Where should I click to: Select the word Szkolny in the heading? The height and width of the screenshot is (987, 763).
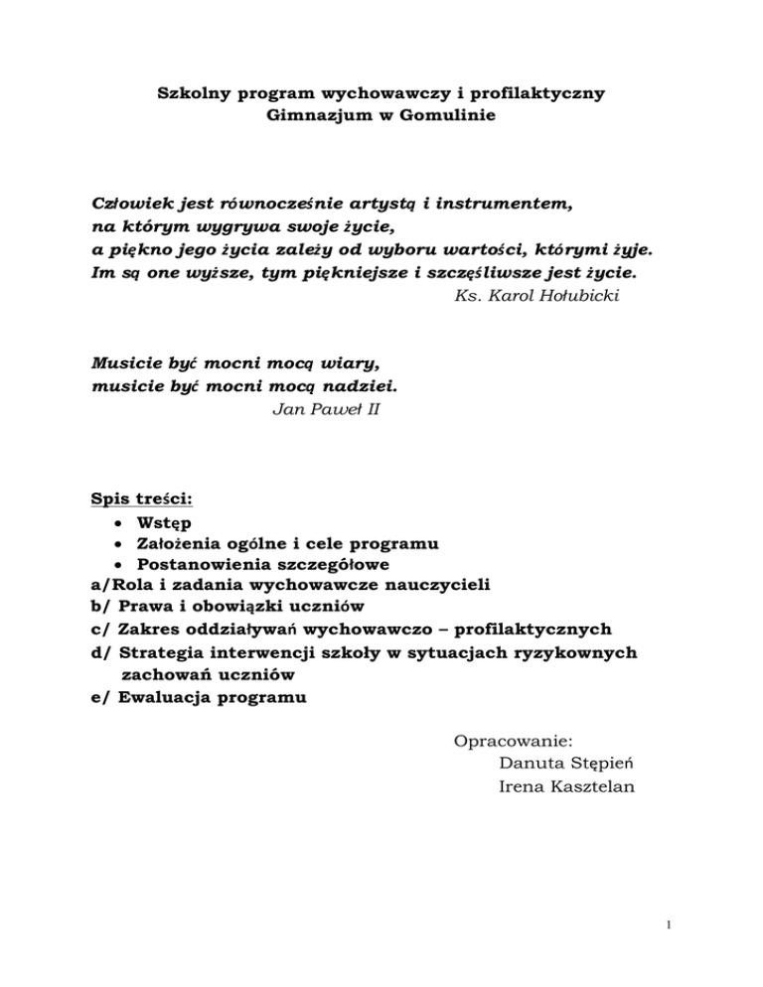[194, 94]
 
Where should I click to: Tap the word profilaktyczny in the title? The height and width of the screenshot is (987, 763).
[536, 94]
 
